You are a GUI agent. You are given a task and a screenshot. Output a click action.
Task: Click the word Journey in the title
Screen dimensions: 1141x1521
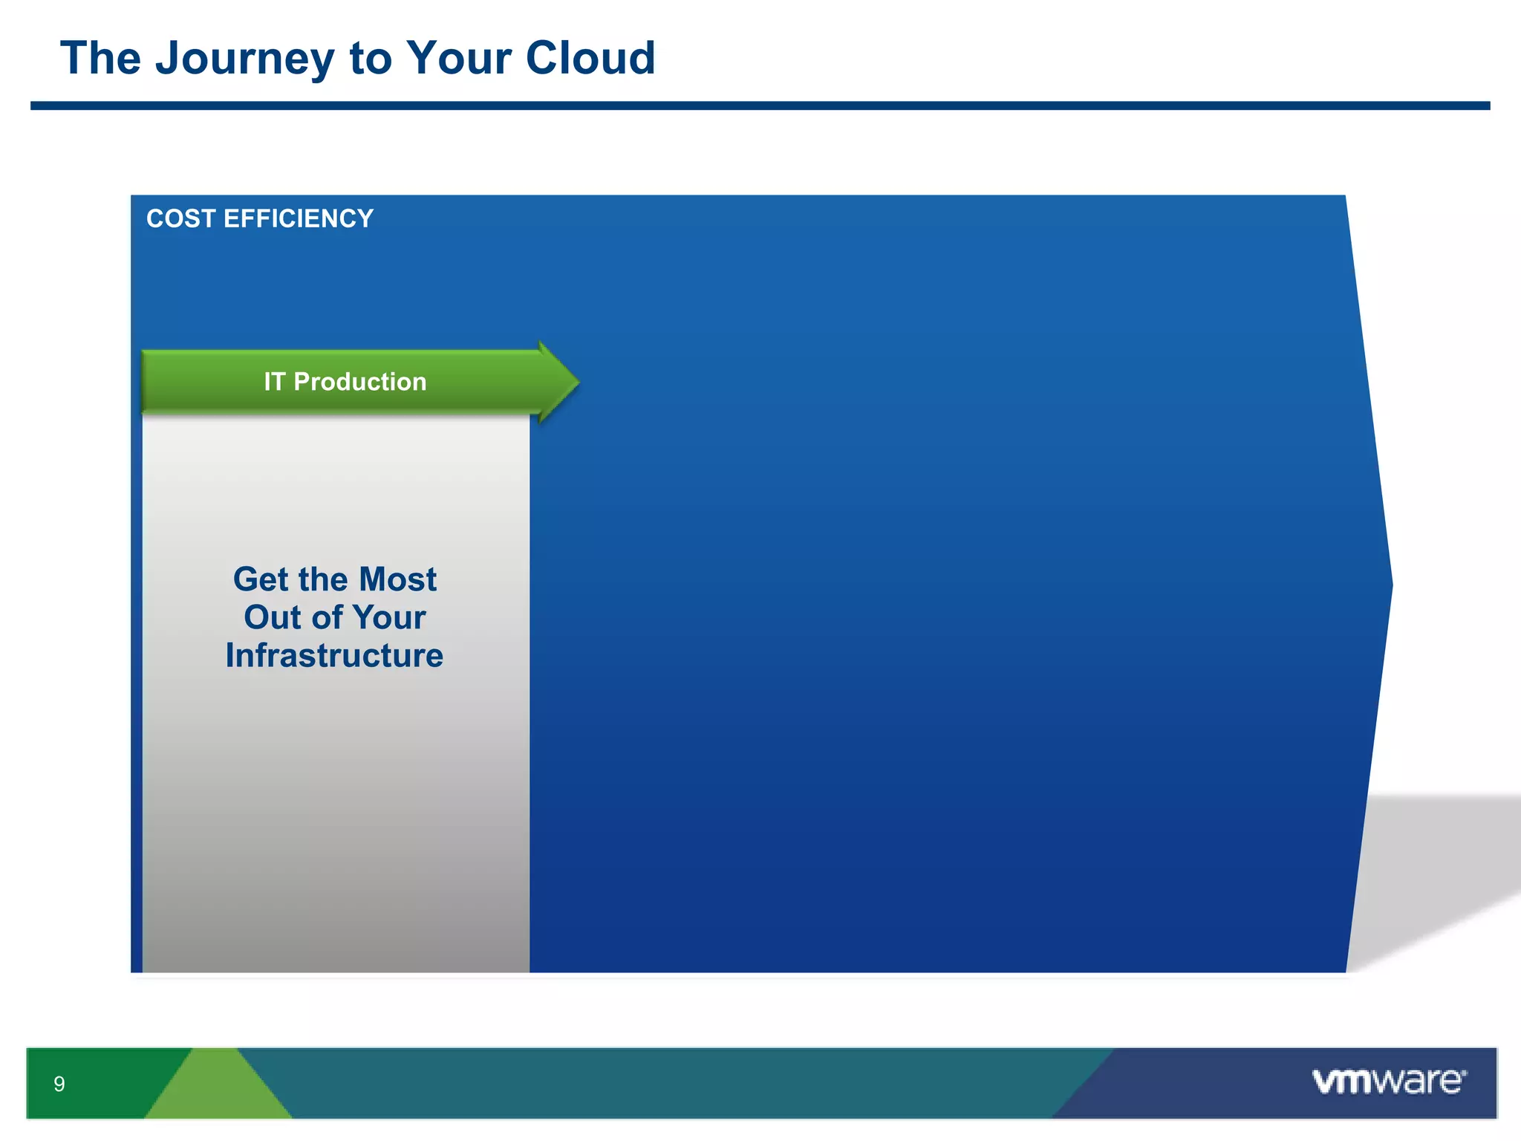(244, 59)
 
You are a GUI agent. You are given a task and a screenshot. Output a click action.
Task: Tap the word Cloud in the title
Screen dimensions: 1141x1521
(590, 58)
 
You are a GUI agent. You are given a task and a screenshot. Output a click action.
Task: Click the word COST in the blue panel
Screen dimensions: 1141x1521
(180, 219)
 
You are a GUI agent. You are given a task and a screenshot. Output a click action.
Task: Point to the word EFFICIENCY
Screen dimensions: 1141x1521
(298, 219)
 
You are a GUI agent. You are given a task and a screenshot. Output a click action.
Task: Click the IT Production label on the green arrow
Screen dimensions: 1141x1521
(345, 382)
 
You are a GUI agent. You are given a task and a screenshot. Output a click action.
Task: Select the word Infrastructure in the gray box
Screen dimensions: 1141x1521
(334, 656)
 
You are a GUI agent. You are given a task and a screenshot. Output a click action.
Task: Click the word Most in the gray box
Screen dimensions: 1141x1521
(398, 579)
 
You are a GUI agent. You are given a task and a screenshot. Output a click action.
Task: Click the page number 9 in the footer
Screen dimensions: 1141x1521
(59, 1084)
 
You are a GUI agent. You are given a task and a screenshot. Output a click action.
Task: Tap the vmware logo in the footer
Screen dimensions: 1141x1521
(1389, 1081)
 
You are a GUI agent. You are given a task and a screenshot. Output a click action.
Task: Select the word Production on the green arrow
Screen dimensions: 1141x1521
(360, 382)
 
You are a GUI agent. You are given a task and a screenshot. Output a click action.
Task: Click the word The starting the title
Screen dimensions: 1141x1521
(100, 59)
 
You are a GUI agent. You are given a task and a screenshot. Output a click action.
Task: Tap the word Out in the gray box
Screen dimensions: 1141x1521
(272, 617)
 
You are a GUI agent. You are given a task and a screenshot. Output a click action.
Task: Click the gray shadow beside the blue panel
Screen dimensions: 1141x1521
(1441, 862)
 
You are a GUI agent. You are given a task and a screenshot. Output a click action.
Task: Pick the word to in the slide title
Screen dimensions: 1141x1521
(370, 59)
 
